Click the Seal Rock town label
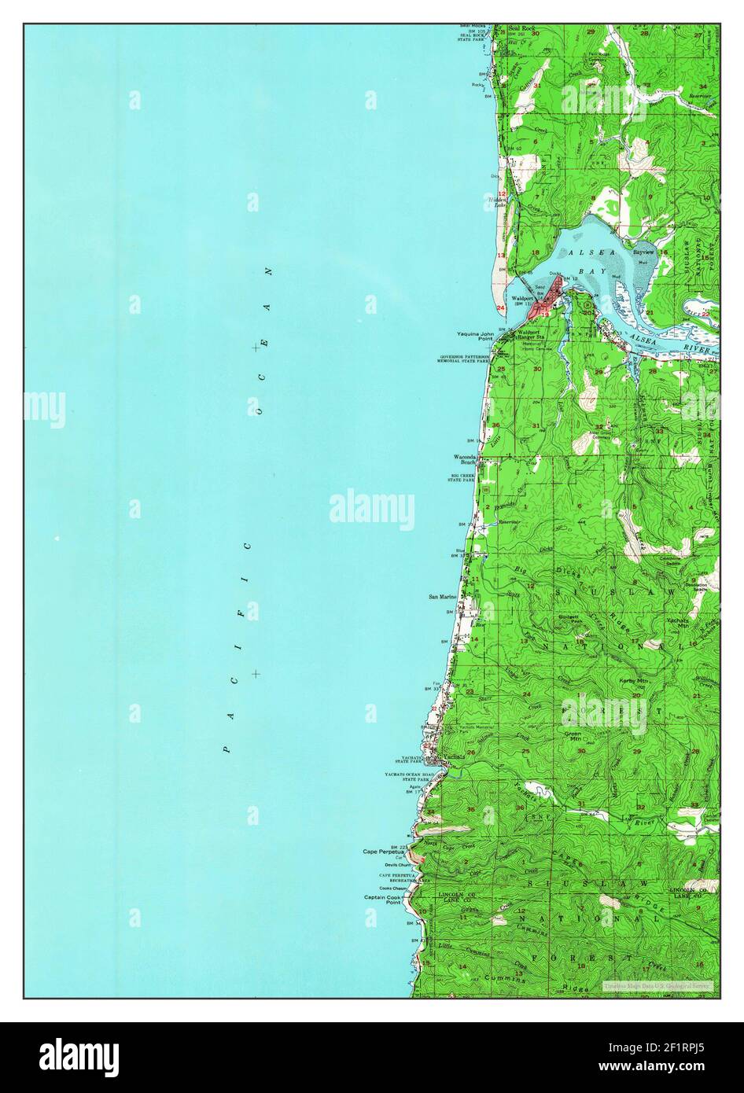tap(521, 28)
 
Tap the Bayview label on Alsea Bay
tap(645, 252)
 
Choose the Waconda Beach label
tap(466, 460)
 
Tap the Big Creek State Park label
tap(463, 478)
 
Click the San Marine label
tap(442, 597)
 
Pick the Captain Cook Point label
tap(382, 900)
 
